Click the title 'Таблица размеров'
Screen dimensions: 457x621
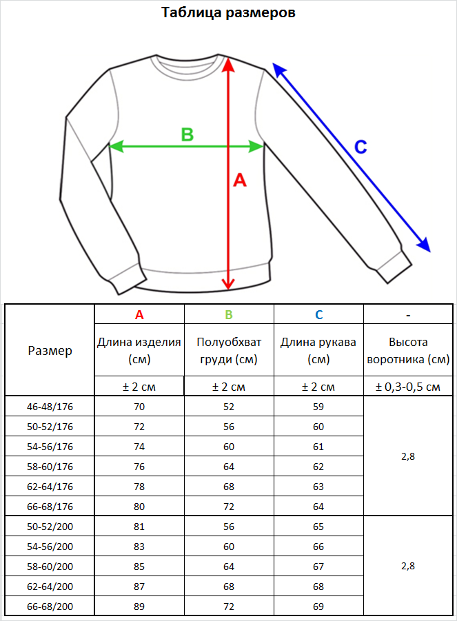tap(228, 12)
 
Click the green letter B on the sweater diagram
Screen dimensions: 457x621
tap(187, 134)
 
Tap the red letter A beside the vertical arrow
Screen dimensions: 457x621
tap(240, 180)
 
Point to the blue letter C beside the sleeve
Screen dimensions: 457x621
tap(360, 147)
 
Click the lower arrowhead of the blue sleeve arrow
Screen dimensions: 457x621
tap(424, 245)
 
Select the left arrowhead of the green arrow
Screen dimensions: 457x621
tap(115, 147)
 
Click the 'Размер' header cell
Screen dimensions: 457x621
tap(50, 351)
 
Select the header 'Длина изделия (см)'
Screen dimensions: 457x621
tap(139, 351)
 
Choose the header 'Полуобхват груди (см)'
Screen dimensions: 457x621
tap(229, 351)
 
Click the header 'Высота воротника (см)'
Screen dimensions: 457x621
tap(408, 351)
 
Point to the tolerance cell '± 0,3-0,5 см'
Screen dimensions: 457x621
tap(408, 387)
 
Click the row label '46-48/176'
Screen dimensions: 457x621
tap(50, 407)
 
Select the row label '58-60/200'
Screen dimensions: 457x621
tap(50, 567)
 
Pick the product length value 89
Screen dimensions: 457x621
tap(139, 607)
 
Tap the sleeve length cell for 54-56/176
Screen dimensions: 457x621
tap(318, 447)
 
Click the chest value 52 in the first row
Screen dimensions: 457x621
tap(229, 407)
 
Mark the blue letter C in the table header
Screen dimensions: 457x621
tap(318, 315)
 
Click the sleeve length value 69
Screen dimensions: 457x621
tap(318, 607)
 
